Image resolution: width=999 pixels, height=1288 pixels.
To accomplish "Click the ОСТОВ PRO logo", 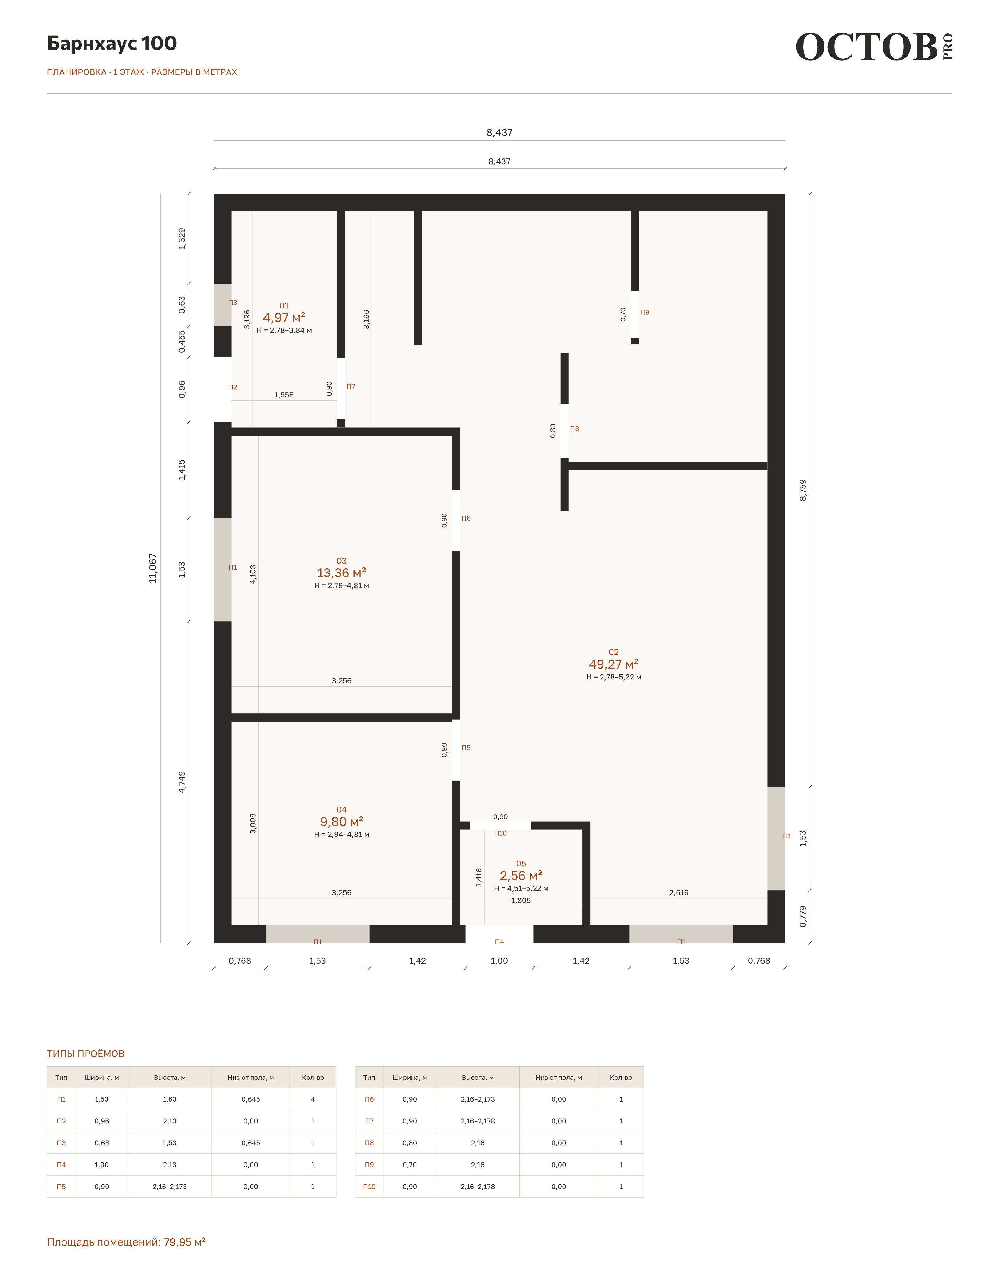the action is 874,47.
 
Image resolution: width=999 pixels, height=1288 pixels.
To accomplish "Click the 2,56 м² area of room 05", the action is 521,876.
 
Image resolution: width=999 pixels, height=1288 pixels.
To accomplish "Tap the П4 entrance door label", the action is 499,942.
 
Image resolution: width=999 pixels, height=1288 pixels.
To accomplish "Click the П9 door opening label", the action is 645,313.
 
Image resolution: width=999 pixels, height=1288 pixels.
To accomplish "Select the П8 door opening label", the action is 574,429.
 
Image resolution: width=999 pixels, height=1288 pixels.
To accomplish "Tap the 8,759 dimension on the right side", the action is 803,490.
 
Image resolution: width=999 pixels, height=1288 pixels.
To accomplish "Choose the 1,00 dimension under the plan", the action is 499,961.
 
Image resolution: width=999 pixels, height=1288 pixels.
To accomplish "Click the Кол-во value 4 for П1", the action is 312,1099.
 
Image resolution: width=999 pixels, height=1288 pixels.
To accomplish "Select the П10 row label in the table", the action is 369,1187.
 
